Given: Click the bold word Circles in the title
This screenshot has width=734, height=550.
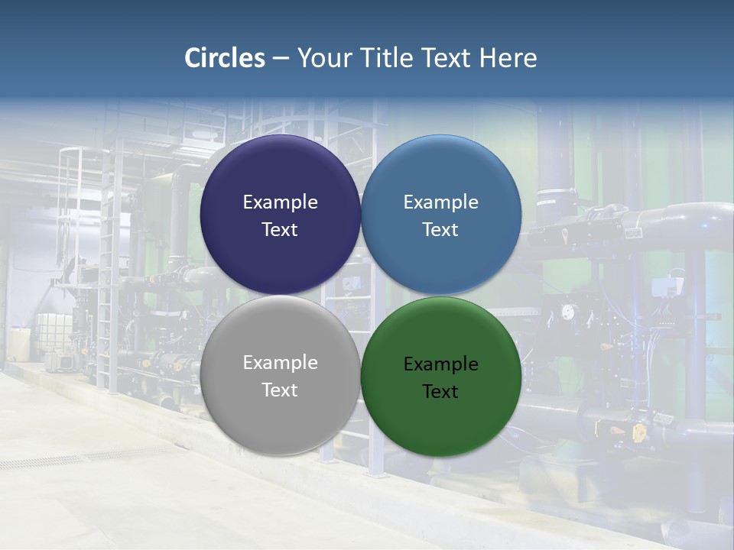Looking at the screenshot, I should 225,58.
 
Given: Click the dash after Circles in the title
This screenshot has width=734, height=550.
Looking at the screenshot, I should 281,59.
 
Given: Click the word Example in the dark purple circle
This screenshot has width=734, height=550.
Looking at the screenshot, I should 280,202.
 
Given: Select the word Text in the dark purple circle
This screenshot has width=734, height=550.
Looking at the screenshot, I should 280,230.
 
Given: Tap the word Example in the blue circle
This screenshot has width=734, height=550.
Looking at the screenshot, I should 440,202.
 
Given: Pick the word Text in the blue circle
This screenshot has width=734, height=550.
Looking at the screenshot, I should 440,230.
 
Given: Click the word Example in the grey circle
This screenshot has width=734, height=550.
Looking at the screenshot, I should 280,363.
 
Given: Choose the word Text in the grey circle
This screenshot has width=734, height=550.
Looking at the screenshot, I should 280,390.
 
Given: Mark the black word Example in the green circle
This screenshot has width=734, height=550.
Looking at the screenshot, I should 440,364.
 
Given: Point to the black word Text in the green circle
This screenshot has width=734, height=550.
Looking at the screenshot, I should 440,392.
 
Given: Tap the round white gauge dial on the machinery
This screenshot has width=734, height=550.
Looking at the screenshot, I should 567,312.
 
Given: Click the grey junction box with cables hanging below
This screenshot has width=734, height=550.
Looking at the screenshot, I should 659,286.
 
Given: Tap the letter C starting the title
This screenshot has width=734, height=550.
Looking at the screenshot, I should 192,58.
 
